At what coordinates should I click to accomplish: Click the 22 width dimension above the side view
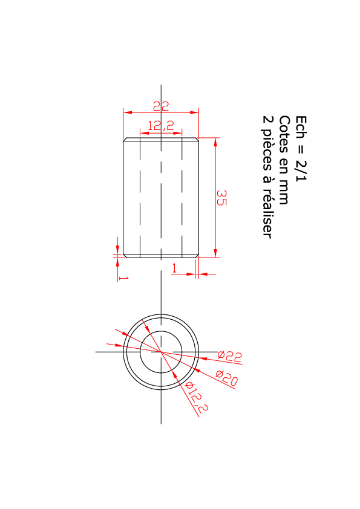tap(161, 106)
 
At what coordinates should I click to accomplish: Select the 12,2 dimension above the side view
tap(161, 126)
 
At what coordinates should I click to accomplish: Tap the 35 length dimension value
tap(221, 198)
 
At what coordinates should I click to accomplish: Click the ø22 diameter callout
tap(230, 356)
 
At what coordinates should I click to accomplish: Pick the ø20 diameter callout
tap(226, 378)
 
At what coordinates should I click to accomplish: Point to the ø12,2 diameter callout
tap(196, 397)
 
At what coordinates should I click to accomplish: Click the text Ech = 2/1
tap(301, 148)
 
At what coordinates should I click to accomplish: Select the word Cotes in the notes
tap(284, 134)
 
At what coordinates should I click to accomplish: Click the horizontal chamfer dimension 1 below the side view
tap(174, 268)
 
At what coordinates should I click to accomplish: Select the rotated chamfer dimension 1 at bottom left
tap(124, 278)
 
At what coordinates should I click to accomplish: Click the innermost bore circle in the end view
tap(161, 331)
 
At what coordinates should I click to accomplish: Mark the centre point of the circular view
tap(161, 352)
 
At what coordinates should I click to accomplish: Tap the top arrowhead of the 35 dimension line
tap(215, 142)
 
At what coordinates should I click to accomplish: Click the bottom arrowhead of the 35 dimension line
tap(215, 253)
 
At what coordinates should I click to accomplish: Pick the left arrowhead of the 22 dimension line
tap(128, 112)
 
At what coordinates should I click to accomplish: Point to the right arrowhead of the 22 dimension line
tap(195, 112)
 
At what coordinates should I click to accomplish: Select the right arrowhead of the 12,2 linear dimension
tap(178, 133)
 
